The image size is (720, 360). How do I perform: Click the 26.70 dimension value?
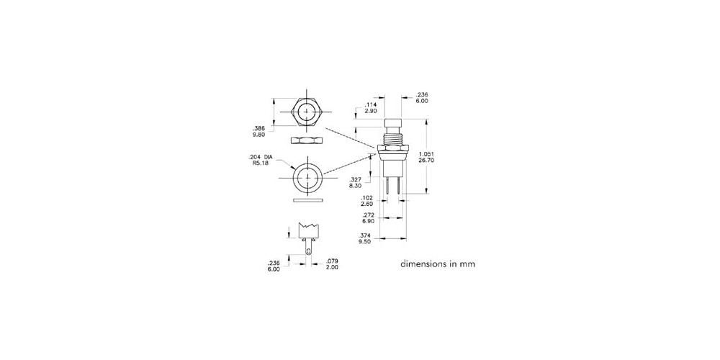point(426,161)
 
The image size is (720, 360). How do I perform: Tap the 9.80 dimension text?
point(259,135)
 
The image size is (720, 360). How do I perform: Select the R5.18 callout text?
point(260,163)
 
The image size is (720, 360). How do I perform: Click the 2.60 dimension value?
point(368,204)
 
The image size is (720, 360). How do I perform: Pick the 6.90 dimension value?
point(368,221)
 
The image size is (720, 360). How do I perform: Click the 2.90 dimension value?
point(371,111)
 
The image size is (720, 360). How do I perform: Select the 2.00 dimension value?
point(331,267)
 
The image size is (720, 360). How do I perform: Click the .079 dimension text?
point(331,262)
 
